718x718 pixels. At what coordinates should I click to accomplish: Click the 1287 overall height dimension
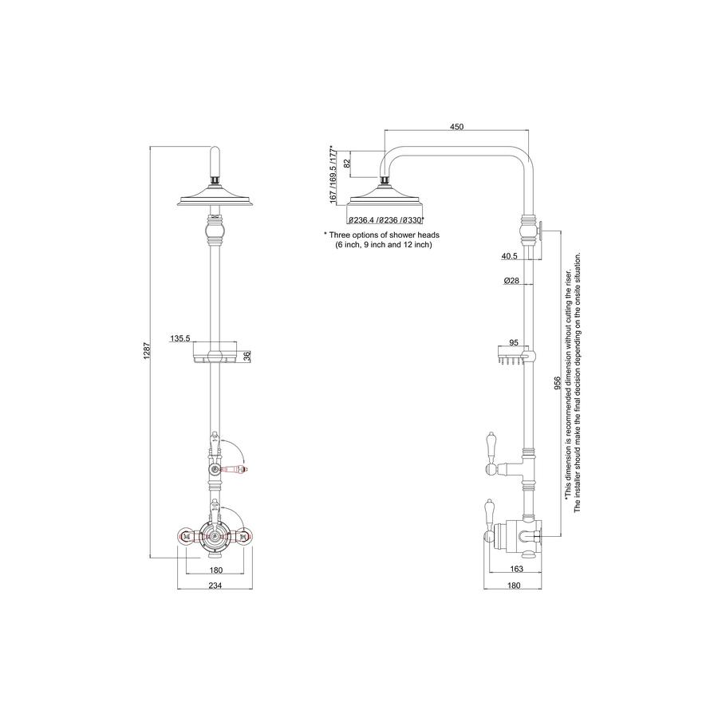(147, 351)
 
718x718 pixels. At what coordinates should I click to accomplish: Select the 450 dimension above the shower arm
(456, 127)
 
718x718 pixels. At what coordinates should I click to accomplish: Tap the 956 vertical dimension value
(557, 383)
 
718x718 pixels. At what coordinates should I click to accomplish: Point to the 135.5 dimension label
(180, 338)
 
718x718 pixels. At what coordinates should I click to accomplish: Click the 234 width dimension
(215, 586)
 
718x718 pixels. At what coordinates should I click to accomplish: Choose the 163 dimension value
(516, 569)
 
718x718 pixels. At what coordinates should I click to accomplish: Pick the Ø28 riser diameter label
(511, 280)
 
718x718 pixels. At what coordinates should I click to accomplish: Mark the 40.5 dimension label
(509, 256)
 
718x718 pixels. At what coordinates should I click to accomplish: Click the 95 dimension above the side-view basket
(513, 342)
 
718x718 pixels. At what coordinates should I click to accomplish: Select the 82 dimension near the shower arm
(347, 163)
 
